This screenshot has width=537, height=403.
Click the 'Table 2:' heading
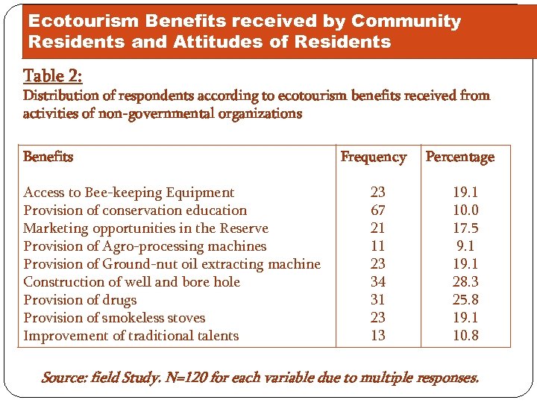tap(53, 76)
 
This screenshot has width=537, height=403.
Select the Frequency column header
tap(373, 157)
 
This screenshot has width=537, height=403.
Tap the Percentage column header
tap(459, 157)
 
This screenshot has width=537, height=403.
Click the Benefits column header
tap(48, 157)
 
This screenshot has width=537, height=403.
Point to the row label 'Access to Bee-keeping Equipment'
tap(129, 193)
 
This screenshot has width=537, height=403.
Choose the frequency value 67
tap(378, 210)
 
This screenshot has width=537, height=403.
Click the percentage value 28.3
tap(465, 282)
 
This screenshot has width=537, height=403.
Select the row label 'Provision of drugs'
tap(80, 300)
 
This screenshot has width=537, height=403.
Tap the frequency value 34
tap(378, 282)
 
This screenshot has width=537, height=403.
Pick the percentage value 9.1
tap(465, 246)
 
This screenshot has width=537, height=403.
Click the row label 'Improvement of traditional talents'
tap(131, 336)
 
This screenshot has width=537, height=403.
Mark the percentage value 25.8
tap(465, 300)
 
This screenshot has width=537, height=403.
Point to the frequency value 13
tap(378, 336)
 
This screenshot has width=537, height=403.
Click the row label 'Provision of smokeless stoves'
tap(114, 318)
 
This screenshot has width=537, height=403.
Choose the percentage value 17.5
tap(465, 228)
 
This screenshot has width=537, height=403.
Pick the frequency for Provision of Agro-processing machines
tap(378, 246)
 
